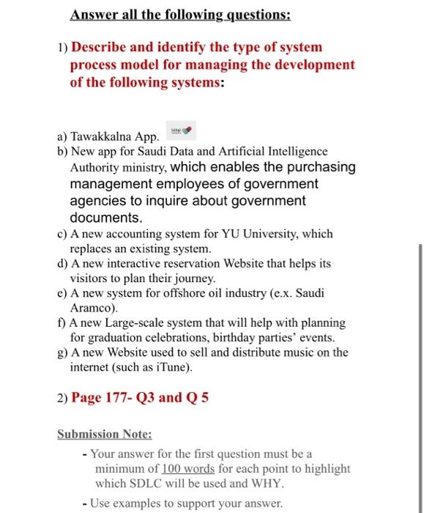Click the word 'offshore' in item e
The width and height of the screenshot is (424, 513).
pyautogui.click(x=195, y=293)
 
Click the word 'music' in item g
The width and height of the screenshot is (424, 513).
pyautogui.click(x=286, y=353)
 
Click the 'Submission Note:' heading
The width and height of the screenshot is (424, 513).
pyautogui.click(x=104, y=434)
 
